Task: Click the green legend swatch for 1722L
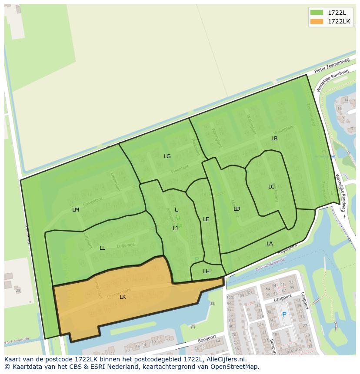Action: (x=317, y=13)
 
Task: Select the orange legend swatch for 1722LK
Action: (x=317, y=21)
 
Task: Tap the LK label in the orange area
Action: (x=123, y=297)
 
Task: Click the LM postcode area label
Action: (x=76, y=210)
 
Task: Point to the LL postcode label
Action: (x=102, y=248)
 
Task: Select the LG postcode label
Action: (x=167, y=156)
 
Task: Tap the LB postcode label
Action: (x=274, y=139)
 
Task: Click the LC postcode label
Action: (x=271, y=187)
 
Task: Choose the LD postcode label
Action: (x=237, y=209)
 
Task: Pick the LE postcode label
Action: (x=206, y=219)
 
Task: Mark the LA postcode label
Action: (x=270, y=244)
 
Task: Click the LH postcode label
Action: (x=206, y=271)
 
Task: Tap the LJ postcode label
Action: (x=175, y=228)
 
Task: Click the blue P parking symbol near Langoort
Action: (x=284, y=314)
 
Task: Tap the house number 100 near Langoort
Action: (x=230, y=297)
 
